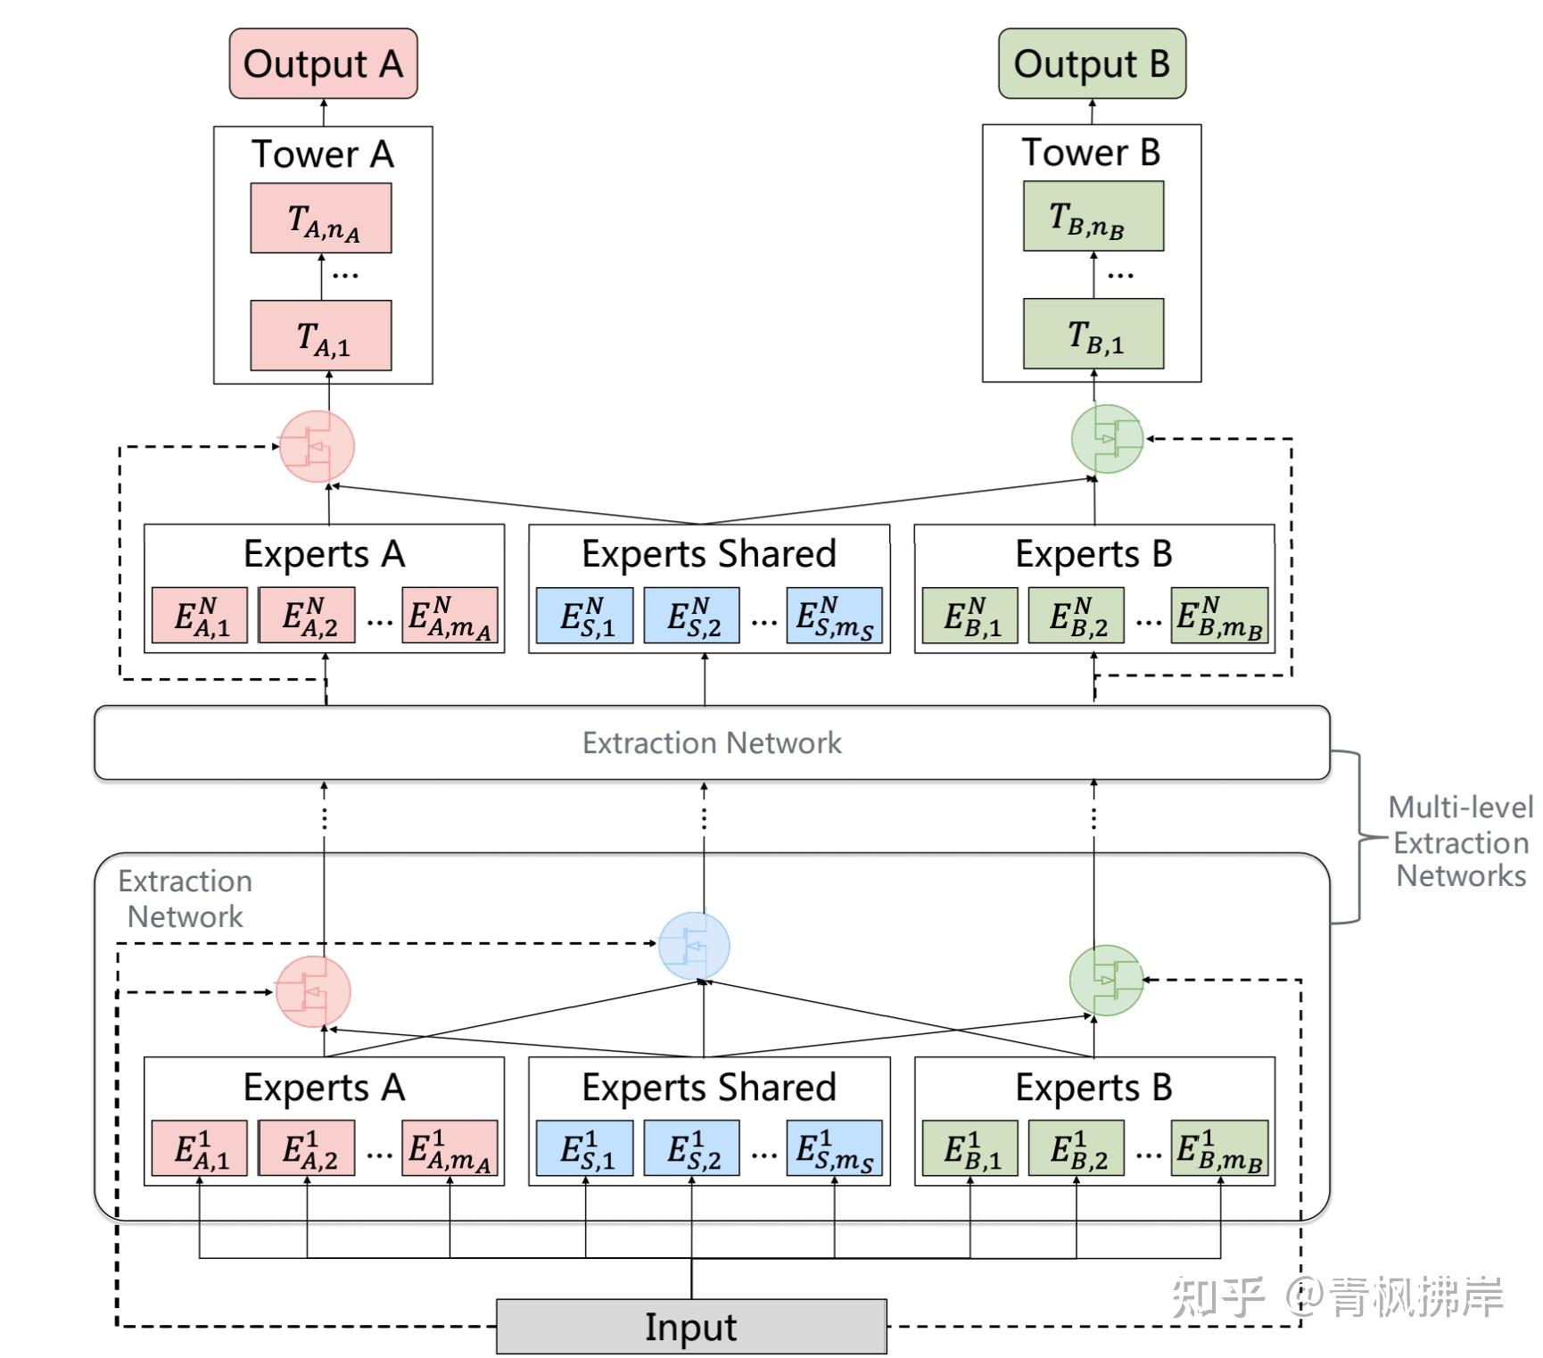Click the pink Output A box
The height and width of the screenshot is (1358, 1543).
323,63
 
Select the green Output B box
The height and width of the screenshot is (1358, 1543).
1092,63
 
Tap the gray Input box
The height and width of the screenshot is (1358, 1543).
691,1327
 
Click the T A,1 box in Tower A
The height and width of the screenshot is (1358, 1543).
321,335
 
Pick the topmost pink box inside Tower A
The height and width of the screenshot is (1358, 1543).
321,219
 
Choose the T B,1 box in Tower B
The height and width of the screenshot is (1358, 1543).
1093,334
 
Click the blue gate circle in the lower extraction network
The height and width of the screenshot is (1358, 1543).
694,946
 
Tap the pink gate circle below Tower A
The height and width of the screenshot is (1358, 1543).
317,446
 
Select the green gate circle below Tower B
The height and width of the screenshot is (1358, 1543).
1107,438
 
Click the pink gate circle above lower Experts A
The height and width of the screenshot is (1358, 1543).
312,991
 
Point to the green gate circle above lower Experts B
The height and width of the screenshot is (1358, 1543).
1106,980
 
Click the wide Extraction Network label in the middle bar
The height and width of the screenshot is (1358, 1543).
712,742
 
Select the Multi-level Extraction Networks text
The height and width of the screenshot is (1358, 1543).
1460,842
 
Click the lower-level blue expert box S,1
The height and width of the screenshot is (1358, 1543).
585,1148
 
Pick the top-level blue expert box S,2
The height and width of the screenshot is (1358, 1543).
692,615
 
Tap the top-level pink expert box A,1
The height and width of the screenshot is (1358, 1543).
200,615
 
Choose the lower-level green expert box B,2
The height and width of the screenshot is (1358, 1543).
1077,1148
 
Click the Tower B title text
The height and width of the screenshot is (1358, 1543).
1091,153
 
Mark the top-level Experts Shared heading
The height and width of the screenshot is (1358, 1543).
709,554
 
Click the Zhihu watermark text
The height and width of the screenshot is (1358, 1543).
1337,1296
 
